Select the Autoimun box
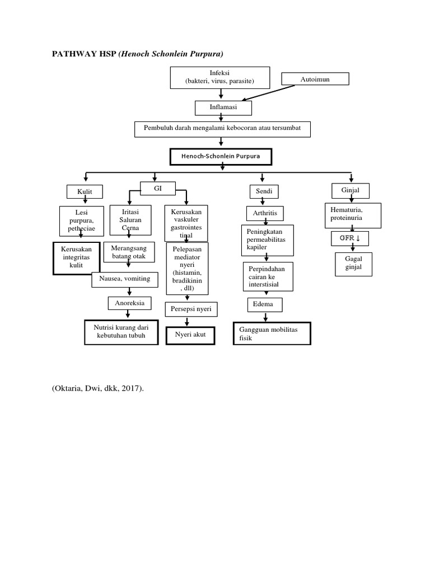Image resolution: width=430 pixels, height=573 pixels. pyautogui.click(x=315, y=79)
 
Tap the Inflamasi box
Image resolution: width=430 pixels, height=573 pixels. pyautogui.click(x=223, y=107)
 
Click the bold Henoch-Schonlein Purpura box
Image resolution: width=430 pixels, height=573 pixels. pyautogui.click(x=221, y=157)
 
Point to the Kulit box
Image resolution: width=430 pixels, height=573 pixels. pyautogui.click(x=85, y=192)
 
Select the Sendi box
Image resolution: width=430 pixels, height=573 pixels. pyautogui.click(x=264, y=192)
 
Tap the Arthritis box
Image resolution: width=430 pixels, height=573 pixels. pyautogui.click(x=265, y=213)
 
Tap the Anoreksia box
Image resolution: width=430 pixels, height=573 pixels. pyautogui.click(x=129, y=303)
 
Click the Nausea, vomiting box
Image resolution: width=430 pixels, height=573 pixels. pyautogui.click(x=125, y=279)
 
